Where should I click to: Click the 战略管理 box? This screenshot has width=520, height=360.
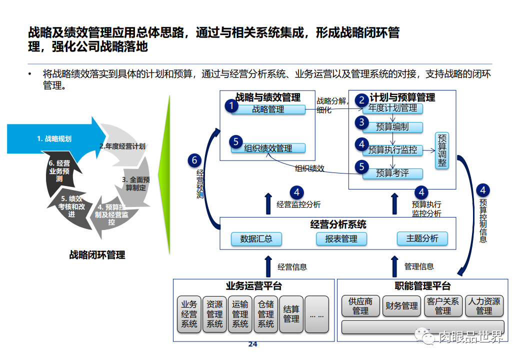tap(268, 109)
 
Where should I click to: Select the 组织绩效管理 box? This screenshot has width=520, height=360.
tap(268, 148)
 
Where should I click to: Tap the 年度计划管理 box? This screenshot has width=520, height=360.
tap(392, 108)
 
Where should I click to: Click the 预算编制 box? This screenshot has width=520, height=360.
tap(392, 127)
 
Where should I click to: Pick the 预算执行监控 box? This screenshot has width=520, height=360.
tap(392, 149)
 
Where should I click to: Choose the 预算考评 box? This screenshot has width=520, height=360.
tap(392, 173)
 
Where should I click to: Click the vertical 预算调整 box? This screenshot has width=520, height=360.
tap(442, 150)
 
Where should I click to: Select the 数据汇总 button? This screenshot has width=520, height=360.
tap(256, 238)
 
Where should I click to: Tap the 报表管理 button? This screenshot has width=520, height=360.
tap(341, 238)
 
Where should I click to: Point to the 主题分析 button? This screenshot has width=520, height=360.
tap(422, 238)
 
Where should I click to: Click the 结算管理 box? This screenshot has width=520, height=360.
tap(291, 314)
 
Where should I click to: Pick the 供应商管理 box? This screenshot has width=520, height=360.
tap(360, 306)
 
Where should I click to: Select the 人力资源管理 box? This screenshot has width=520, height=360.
tap(484, 306)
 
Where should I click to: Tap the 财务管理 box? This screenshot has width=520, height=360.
tap(401, 306)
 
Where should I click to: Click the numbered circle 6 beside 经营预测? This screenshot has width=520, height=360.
tap(195, 160)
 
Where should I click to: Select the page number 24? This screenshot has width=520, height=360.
tap(252, 344)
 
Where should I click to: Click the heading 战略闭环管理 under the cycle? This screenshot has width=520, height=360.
tap(97, 255)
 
